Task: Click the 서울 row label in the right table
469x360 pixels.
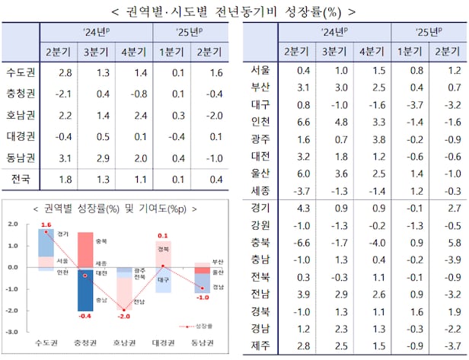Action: pos(260,70)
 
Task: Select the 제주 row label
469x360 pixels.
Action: pos(260,346)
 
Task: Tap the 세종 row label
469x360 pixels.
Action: pos(260,190)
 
